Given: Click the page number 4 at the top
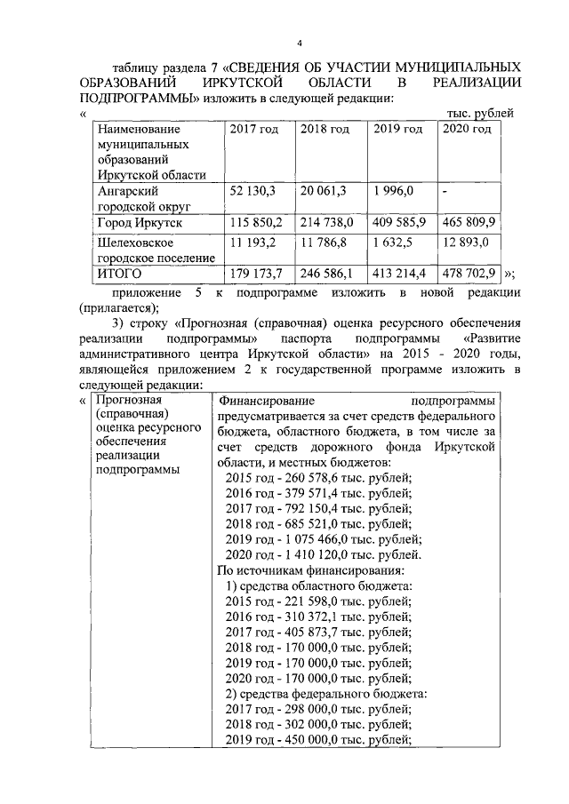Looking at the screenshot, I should [300, 44].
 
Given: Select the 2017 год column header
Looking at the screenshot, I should [254, 130].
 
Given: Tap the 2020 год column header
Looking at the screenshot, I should [467, 130].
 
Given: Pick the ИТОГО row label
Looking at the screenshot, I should [120, 274].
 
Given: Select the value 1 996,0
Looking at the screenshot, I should [395, 191].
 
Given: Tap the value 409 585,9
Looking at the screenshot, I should [400, 220].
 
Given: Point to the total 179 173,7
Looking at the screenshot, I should [258, 274].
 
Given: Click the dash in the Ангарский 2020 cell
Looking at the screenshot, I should [445, 191].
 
